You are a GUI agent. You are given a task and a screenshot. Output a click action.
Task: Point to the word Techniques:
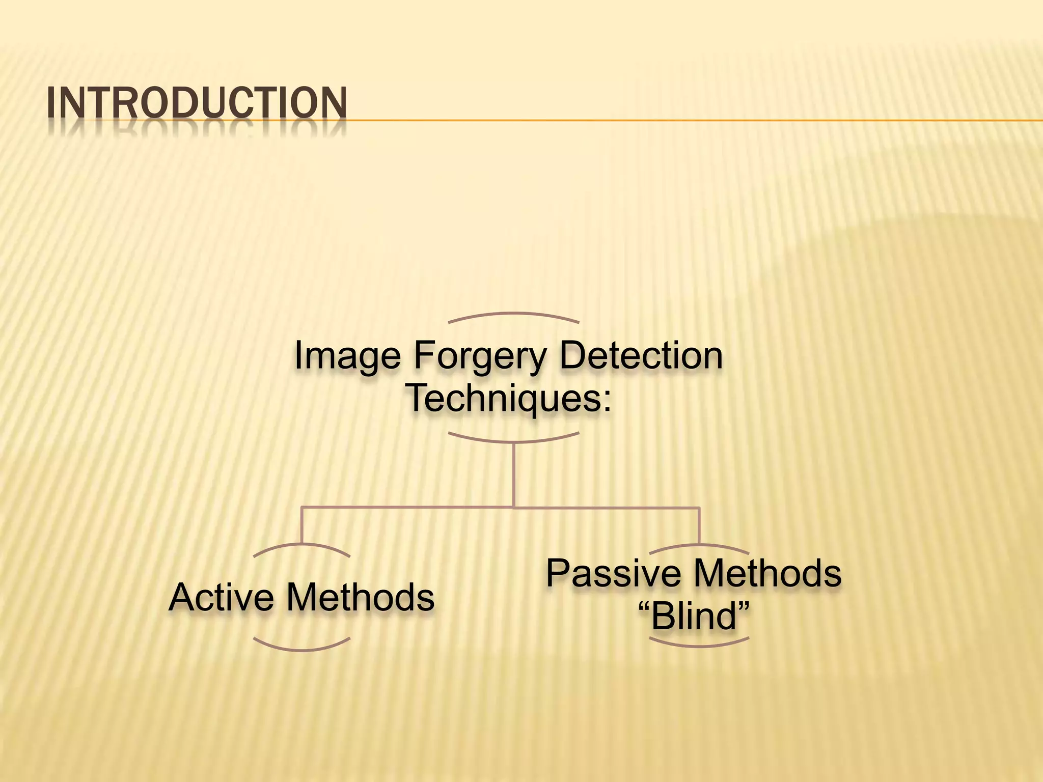click(x=509, y=398)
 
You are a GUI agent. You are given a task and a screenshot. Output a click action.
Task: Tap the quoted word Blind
click(x=694, y=616)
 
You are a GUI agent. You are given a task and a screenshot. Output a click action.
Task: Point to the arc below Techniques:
click(x=513, y=439)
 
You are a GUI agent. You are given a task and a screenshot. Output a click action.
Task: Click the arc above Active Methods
click(x=301, y=546)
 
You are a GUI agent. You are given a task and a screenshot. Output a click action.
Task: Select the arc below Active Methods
click(x=301, y=649)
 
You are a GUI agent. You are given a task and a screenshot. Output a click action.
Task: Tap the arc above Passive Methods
click(x=699, y=546)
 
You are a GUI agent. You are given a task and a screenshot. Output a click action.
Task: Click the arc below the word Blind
click(x=699, y=645)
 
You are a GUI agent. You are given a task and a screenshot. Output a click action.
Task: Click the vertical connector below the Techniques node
click(x=513, y=473)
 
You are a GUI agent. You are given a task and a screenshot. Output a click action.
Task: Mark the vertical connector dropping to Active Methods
click(x=301, y=524)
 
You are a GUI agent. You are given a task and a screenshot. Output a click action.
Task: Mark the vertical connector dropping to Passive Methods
click(x=699, y=524)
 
